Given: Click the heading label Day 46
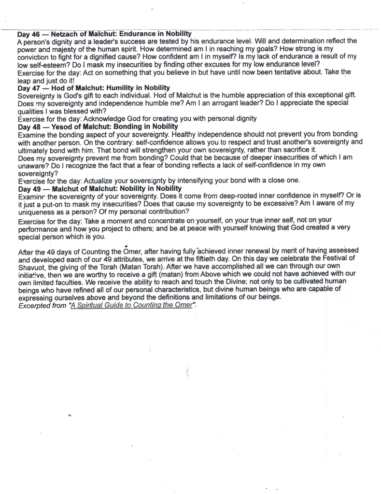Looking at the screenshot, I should coord(28,34).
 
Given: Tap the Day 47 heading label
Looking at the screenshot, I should coord(28,87).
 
